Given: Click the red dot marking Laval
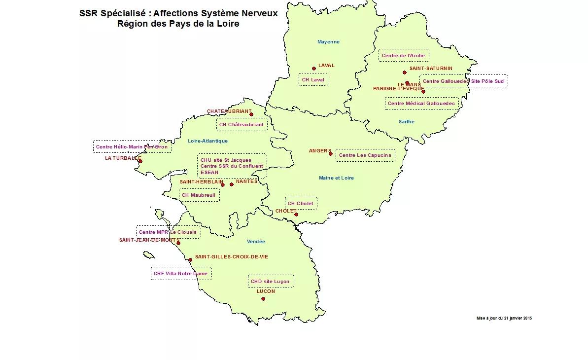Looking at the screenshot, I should (x=314, y=69).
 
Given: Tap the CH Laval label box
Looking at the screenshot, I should (x=313, y=79).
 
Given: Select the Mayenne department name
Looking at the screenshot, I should (x=328, y=42).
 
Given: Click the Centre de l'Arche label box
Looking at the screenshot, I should (x=403, y=56).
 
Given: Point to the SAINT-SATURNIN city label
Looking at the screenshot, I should (x=431, y=69).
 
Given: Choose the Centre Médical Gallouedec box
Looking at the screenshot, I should (x=421, y=104).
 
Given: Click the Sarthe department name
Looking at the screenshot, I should (x=407, y=122).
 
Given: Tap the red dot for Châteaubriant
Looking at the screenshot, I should (x=251, y=114).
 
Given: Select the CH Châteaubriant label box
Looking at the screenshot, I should (x=242, y=125).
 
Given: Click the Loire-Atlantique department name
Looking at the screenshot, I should (x=208, y=141).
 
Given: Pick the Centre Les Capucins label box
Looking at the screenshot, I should (x=365, y=155).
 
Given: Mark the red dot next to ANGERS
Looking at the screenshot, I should (x=331, y=153).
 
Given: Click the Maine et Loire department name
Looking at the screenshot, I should (x=336, y=178).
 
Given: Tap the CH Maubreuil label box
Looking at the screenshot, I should (x=199, y=195).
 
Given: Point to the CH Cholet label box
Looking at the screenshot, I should (x=301, y=203).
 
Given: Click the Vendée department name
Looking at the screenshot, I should (x=256, y=242).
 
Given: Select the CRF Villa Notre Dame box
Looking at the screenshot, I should (x=180, y=273).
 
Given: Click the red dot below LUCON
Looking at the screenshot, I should (x=263, y=299).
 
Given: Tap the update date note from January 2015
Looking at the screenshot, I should (x=504, y=318).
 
